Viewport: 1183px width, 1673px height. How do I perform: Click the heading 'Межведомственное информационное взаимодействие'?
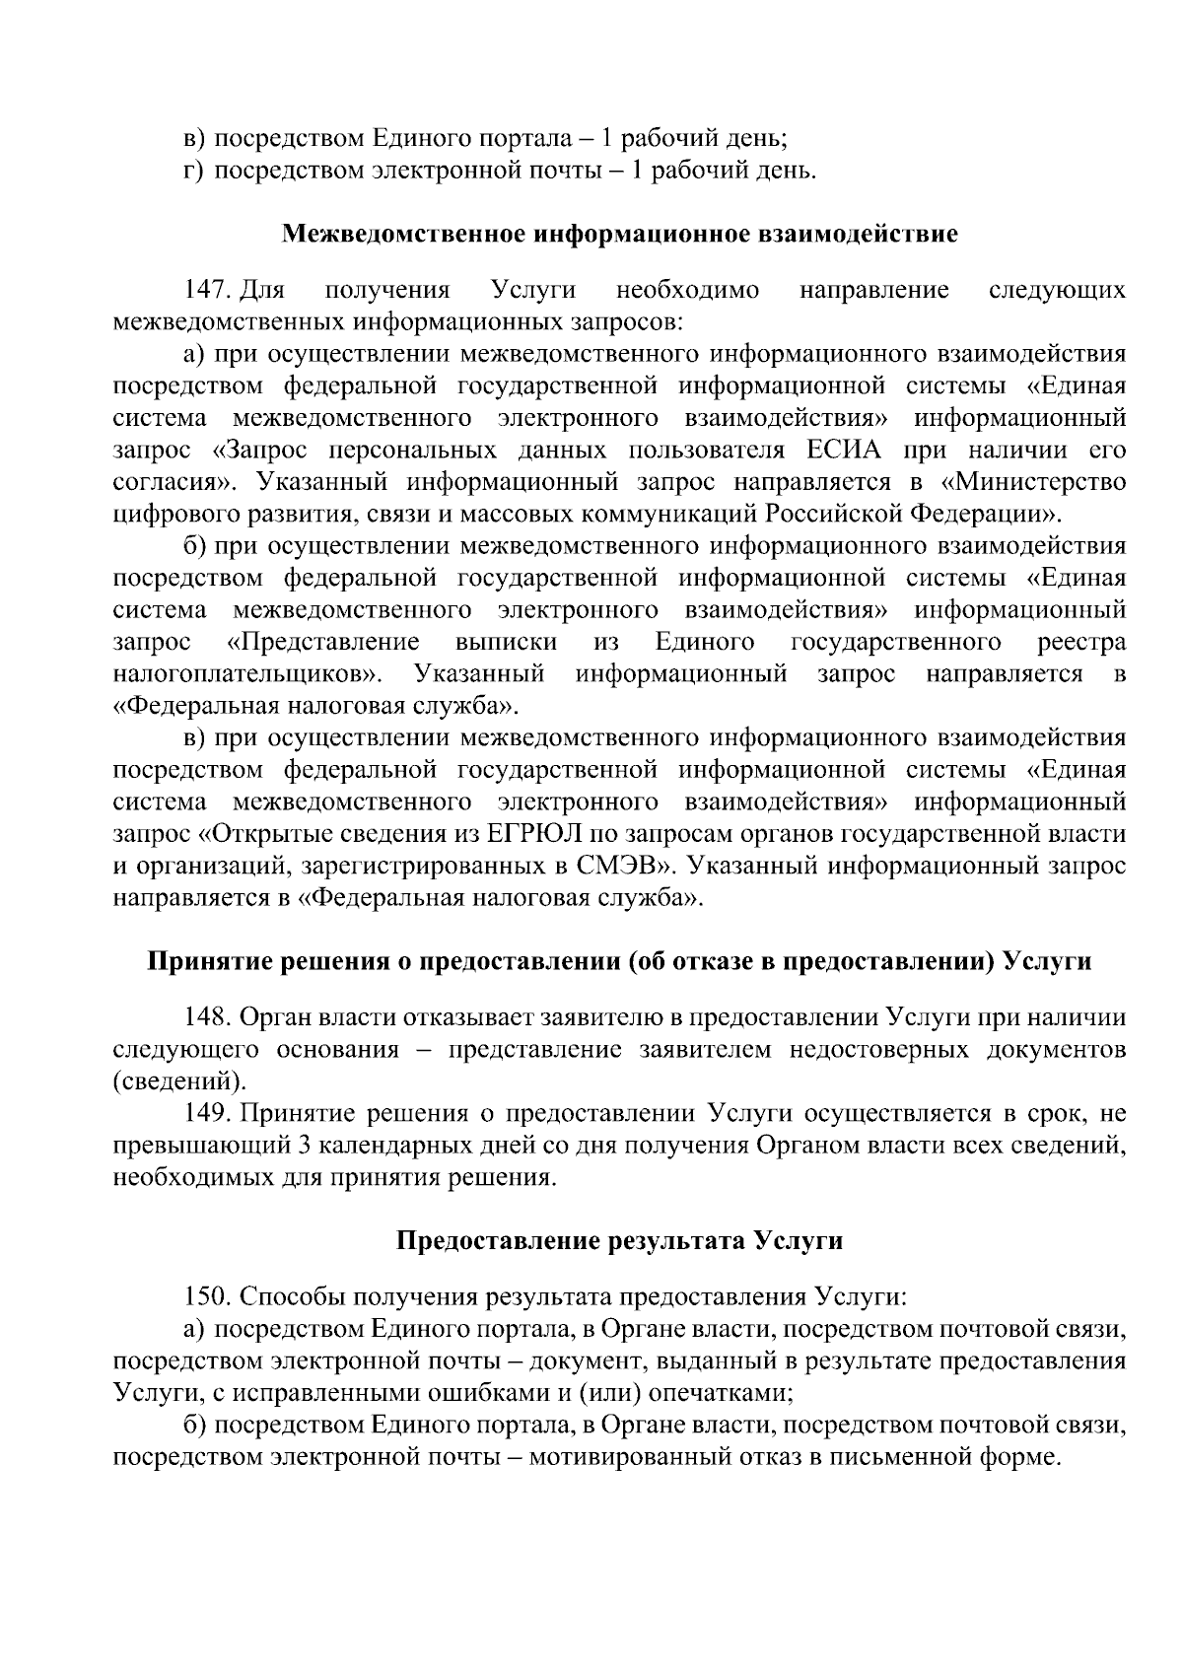tap(620, 234)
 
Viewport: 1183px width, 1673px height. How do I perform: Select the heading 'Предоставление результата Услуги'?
tap(620, 1239)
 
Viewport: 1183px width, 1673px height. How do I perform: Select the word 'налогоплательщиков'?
tap(247, 674)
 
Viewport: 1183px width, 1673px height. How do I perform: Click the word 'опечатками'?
tap(719, 1392)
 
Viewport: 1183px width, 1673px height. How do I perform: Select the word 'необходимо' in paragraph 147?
tap(687, 290)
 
